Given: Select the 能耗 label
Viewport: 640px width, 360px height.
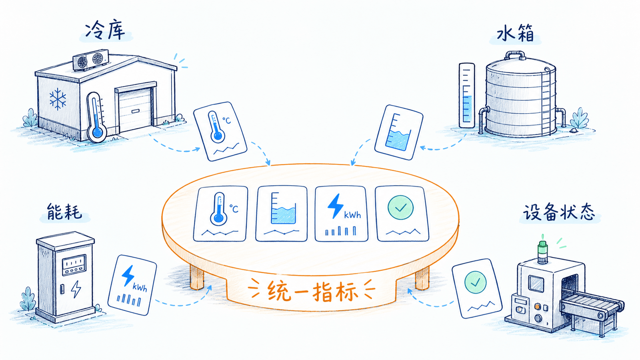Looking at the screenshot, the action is coord(64,212).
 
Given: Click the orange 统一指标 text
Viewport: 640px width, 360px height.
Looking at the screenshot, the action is coord(312,291).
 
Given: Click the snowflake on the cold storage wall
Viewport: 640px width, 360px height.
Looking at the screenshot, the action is coord(58,99).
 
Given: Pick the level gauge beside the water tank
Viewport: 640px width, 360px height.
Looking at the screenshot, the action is coord(466,96).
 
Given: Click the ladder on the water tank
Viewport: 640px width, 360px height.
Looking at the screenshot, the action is coord(546,102).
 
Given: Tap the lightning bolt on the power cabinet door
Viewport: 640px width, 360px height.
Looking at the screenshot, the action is coord(76,289).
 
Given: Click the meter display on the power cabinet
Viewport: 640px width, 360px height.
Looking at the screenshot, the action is coord(74,265).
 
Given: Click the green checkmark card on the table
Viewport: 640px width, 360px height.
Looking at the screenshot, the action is coord(402,214).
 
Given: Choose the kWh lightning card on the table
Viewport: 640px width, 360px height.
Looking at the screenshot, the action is coord(341,214).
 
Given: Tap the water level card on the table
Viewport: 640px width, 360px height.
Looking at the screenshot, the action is coord(282,214).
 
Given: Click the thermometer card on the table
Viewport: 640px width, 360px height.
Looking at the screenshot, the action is coord(220,214).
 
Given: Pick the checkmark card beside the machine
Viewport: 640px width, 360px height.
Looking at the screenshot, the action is coord(476,288).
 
